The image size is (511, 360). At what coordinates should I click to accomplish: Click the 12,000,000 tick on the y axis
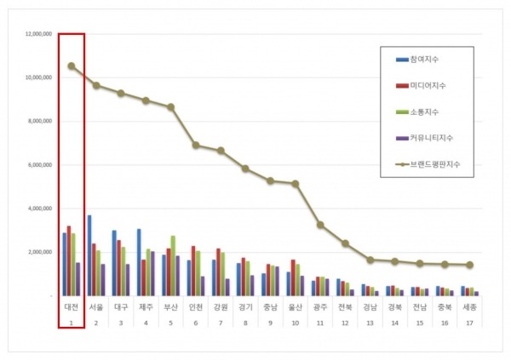[38, 33]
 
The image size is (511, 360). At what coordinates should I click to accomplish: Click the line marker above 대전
[72, 66]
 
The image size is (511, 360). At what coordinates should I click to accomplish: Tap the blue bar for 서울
[89, 255]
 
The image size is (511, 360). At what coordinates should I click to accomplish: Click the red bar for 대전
[69, 260]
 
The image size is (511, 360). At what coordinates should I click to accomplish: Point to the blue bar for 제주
[139, 262]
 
